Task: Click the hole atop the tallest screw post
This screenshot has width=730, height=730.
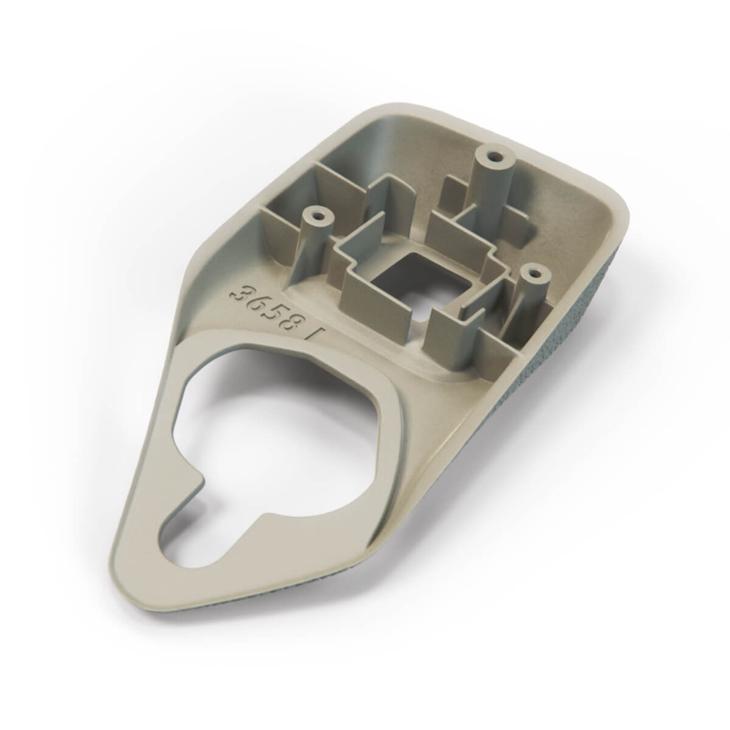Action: pos(493,155)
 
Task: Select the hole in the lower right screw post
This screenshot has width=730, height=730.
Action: pos(534,273)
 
